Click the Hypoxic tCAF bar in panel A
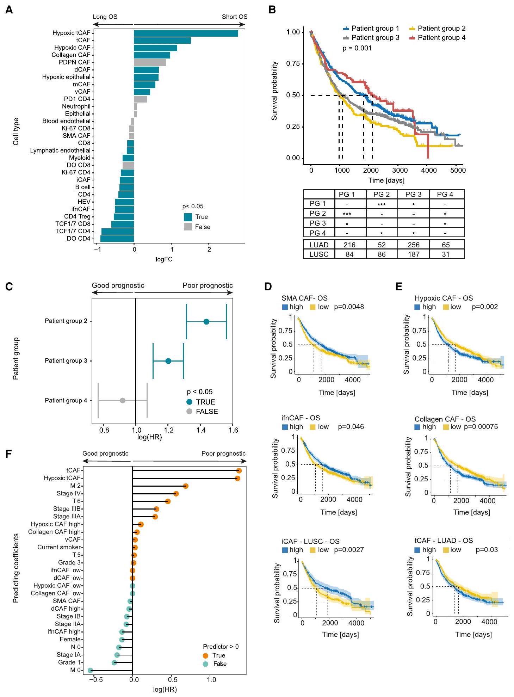[186, 33]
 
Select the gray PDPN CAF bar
[150, 62]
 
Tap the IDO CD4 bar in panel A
[117, 239]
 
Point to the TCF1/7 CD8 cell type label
[73, 224]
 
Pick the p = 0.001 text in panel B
[357, 48]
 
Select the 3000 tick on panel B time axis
[400, 171]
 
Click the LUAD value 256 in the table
[413, 245]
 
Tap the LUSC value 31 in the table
[445, 254]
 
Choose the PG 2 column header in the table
[381, 194]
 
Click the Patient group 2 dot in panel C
[206, 322]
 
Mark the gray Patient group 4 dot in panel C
[123, 400]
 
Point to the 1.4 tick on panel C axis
[201, 430]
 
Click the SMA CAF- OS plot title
[304, 298]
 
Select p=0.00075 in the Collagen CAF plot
[481, 427]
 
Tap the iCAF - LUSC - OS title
[310, 541]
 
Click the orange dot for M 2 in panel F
[186, 486]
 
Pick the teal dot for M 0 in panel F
[90, 670]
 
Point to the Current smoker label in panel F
[59, 547]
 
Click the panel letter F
[9, 454]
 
